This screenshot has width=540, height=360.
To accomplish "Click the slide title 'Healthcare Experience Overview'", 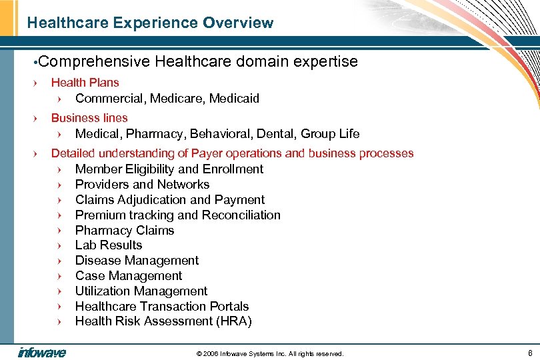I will tap(150, 23).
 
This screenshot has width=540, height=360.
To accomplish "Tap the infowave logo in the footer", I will tap(41, 352).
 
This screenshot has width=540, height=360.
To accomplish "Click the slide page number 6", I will tap(529, 352).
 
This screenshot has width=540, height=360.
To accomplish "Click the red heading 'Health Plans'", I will tap(85, 83).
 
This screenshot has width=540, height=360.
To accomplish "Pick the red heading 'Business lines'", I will tap(89, 118).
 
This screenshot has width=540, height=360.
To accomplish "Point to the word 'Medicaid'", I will tap(234, 99).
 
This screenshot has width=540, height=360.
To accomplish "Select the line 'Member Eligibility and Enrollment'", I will tap(169, 169).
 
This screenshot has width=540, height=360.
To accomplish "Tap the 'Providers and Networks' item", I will tap(142, 185).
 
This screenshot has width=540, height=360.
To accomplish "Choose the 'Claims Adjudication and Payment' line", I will tap(169, 200).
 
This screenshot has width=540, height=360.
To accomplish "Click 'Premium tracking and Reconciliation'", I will tap(177, 215).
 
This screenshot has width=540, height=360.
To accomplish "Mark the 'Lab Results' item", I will tap(108, 245).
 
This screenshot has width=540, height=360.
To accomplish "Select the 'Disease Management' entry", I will tap(137, 261).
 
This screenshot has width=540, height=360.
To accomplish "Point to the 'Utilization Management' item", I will tap(141, 291).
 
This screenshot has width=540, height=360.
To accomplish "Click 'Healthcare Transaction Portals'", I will tap(161, 307).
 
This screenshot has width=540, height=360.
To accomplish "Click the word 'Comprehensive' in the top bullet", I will tap(95, 62).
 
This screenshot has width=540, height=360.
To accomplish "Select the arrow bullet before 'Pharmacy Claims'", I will tap(59, 231).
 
